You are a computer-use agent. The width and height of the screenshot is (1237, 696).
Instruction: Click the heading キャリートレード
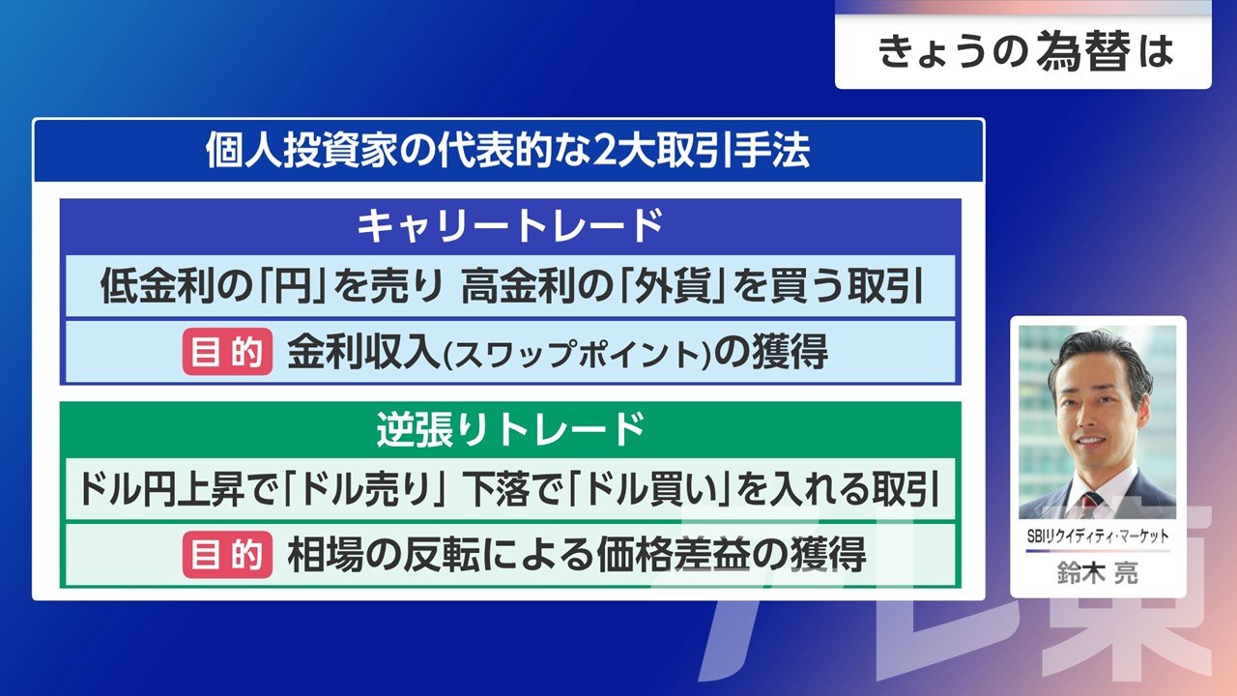click(x=510, y=226)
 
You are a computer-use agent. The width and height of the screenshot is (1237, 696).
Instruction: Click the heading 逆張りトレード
click(x=510, y=429)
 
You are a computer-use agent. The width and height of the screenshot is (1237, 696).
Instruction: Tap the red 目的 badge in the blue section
click(x=227, y=352)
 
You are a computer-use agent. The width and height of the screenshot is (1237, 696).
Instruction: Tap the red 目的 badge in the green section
click(x=227, y=555)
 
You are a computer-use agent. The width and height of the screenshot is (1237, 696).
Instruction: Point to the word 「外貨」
click(x=672, y=287)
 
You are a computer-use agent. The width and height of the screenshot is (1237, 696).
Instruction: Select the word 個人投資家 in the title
click(x=302, y=150)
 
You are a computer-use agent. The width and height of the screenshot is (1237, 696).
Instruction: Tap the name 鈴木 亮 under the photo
click(x=1098, y=573)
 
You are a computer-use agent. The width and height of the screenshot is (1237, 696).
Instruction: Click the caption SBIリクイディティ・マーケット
click(x=1098, y=536)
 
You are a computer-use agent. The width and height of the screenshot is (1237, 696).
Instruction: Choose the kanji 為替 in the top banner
click(x=1083, y=51)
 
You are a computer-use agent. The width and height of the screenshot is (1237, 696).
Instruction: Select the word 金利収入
click(x=363, y=352)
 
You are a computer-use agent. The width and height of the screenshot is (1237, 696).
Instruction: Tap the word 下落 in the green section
click(x=501, y=489)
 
